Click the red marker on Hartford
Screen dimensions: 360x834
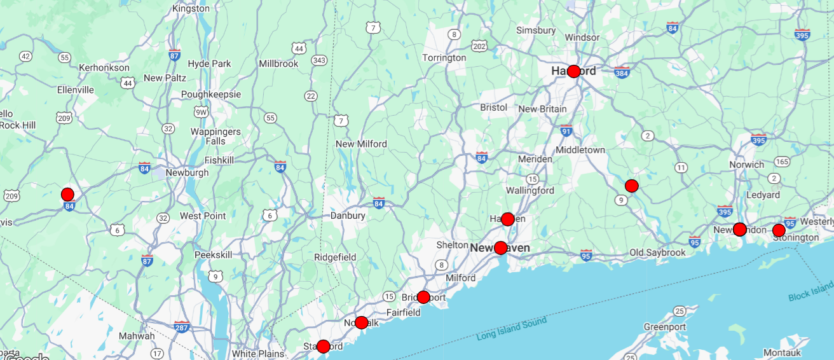tap(573, 71)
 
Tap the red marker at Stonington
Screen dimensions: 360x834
tap(779, 230)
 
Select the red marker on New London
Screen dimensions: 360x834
tap(739, 229)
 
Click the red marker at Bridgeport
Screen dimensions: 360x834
tap(423, 297)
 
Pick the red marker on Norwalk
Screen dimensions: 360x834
tap(361, 322)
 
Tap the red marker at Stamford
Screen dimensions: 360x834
tap(323, 347)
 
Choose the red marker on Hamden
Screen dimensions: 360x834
tap(507, 219)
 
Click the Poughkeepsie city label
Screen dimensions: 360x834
tap(211, 94)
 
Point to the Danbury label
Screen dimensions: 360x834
tap(348, 216)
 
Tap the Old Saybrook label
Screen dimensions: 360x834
tap(657, 253)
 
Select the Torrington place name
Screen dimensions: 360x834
tap(444, 58)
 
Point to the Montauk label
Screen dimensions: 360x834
tap(782, 352)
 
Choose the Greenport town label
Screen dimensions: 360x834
tap(665, 327)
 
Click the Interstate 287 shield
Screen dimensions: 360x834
tap(182, 328)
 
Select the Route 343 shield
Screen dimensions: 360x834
tap(319, 60)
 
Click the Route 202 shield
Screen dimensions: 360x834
tap(480, 46)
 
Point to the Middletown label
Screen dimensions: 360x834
tap(580, 149)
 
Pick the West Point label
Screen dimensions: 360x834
tap(203, 216)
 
